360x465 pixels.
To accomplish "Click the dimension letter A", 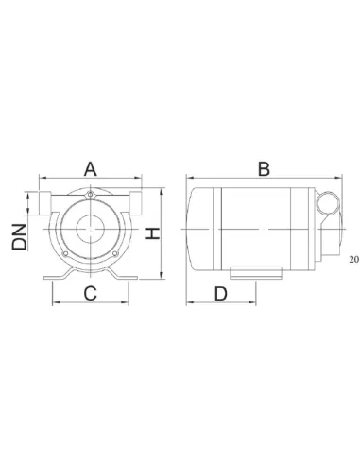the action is [x=91, y=169].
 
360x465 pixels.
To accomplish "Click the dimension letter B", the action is [x=264, y=169].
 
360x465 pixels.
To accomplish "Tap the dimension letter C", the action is [x=90, y=293].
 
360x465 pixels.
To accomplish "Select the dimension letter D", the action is [x=220, y=294].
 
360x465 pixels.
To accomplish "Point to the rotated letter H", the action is [x=152, y=233].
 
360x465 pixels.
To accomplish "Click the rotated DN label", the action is [x=20, y=237].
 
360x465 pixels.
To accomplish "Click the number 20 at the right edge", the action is [x=354, y=259].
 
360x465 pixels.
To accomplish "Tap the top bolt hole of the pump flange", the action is [x=91, y=195].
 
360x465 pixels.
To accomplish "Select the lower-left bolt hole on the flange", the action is [x=65, y=253].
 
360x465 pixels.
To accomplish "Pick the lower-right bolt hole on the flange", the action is [x=114, y=253].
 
